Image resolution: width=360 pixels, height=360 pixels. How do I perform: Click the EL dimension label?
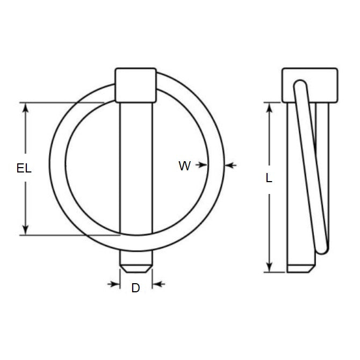tap(24, 168)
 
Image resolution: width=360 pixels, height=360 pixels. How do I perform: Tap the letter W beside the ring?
tap(184, 166)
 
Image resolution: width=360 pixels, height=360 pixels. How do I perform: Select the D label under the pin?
tap(135, 289)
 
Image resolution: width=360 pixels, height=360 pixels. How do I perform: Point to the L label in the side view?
tap(269, 178)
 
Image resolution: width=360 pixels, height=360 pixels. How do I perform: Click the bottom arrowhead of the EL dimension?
tap(25, 231)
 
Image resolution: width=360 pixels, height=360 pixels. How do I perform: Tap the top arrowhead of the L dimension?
tap(269, 106)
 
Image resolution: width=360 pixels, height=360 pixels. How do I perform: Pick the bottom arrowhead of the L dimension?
tap(269, 268)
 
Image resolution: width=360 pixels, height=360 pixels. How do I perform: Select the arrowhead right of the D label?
tap(156, 284)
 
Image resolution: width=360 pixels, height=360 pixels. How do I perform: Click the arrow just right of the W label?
tap(203, 165)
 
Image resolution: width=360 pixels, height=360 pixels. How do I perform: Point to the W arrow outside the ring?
tap(229, 165)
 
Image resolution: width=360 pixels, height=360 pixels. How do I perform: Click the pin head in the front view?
tap(135, 84)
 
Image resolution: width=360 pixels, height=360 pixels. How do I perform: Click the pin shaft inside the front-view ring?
tap(135, 167)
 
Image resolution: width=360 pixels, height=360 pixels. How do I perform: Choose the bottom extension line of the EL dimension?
tap(70, 235)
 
